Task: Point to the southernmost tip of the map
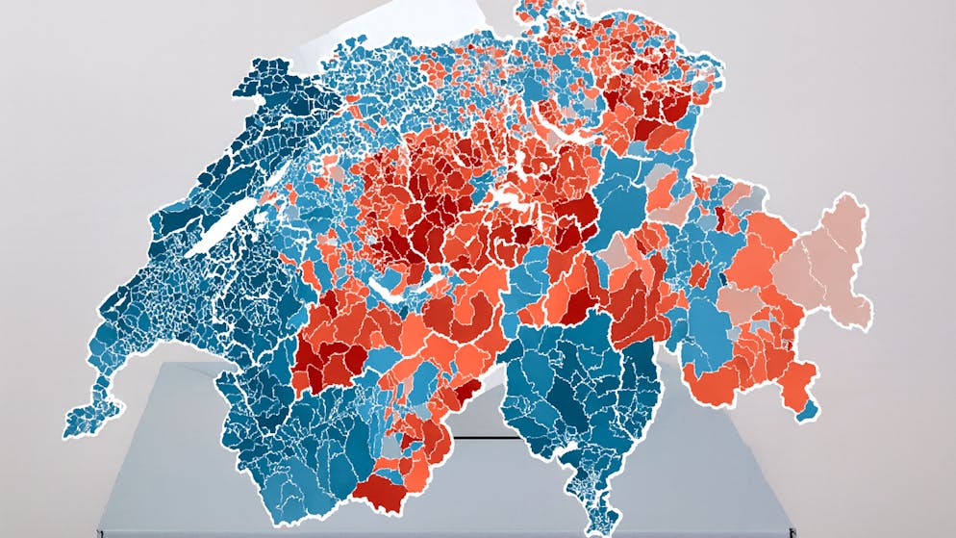(x=589, y=528)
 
